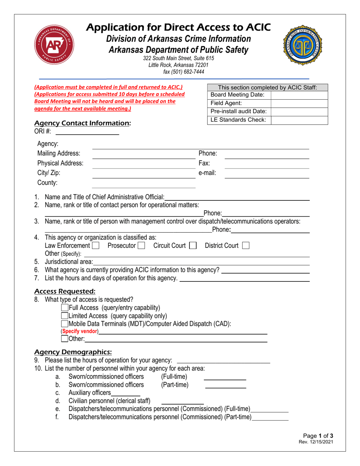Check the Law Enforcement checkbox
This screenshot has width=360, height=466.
[95, 246]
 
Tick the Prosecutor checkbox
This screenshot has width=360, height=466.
[141, 246]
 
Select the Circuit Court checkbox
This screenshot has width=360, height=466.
[193, 246]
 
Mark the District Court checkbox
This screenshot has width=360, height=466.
[246, 246]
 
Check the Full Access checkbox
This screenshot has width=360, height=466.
[65, 308]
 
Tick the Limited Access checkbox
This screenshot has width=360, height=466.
[65, 316]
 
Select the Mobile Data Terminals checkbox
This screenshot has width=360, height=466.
[65, 324]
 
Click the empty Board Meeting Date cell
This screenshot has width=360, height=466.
[299, 95]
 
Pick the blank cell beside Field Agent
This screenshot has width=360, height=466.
[299, 103]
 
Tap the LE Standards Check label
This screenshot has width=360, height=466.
[238, 120]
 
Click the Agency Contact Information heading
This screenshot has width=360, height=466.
[83, 123]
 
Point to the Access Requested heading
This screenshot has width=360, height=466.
[65, 291]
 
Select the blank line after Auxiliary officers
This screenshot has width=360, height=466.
[125, 393]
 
